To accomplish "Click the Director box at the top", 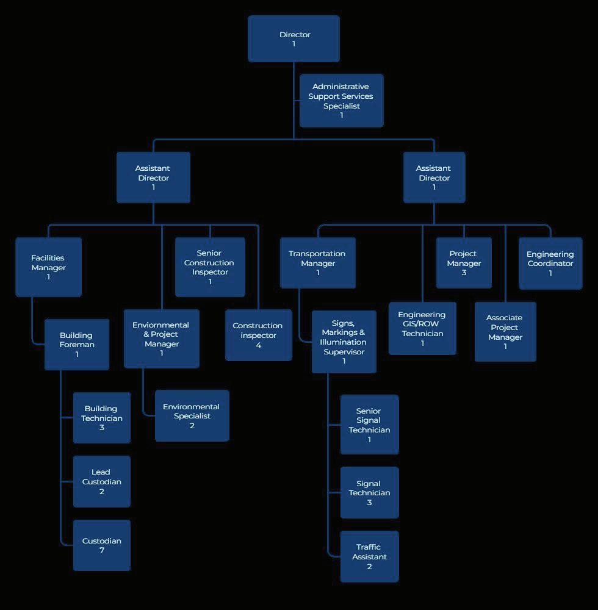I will pos(294,38).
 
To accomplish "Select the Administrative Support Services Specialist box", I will pos(342,101).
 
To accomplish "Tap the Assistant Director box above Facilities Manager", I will pos(153,178).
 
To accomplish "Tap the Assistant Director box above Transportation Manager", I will pos(434,178).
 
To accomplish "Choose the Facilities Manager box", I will pos(48,267).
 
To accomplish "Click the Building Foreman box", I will pos(77,344).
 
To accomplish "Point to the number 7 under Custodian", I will pos(102,551).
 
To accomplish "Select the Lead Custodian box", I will pos(102,481).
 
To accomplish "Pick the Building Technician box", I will pos(102,418).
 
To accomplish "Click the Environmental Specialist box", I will pos(192,415).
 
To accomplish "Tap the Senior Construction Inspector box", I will pos(210,267).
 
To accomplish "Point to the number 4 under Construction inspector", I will pos(259,345).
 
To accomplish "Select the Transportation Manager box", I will pos(318,263).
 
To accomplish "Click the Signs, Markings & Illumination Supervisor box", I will pos(344,342).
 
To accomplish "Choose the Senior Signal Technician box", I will pos(369,425).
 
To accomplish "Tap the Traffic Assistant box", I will pos(369,556).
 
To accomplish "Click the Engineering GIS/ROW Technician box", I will pos(422,328).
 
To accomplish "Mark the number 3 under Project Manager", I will pos(464,273).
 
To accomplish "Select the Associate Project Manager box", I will pos(505,332).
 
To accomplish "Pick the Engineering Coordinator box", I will pos(550,263).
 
